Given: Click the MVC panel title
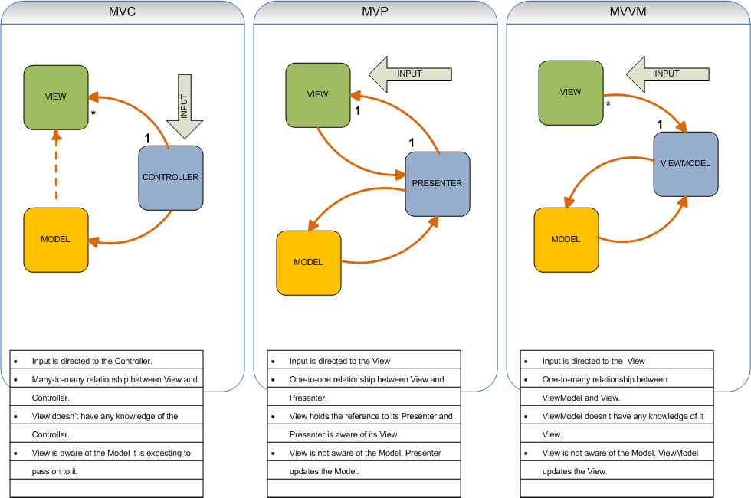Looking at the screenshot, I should (123, 12).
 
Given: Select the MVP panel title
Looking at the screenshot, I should (375, 12).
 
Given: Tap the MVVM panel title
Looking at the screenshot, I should (628, 12).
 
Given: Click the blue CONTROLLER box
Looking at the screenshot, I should (170, 178).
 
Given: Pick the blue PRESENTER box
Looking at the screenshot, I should (437, 184).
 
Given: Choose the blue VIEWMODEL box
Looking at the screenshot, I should (685, 164).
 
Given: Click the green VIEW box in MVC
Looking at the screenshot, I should (56, 97).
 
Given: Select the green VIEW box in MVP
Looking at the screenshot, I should (318, 95).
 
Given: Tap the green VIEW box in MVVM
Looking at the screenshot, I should (571, 93).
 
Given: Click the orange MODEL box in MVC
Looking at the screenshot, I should (56, 240).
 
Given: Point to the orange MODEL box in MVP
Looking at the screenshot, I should (309, 263).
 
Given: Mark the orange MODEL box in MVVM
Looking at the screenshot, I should (566, 240).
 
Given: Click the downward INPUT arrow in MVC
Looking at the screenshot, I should (184, 106).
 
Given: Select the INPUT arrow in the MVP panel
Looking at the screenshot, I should (410, 74).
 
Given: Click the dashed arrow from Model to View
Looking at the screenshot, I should (56, 165).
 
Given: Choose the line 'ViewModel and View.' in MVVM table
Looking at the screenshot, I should (581, 398).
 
